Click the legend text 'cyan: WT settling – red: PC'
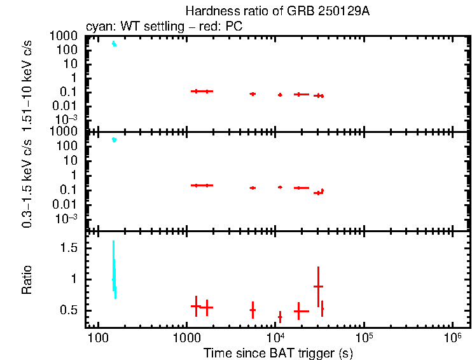point(163,27)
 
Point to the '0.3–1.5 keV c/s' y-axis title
point(27,181)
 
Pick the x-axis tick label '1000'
point(186,337)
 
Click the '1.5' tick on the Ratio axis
point(69,247)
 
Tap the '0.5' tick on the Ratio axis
point(69,310)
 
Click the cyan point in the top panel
point(114,44)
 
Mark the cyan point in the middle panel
point(114,139)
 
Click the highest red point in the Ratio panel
point(318,287)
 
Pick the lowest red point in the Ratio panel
point(280,316)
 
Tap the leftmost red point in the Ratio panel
point(196,306)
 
